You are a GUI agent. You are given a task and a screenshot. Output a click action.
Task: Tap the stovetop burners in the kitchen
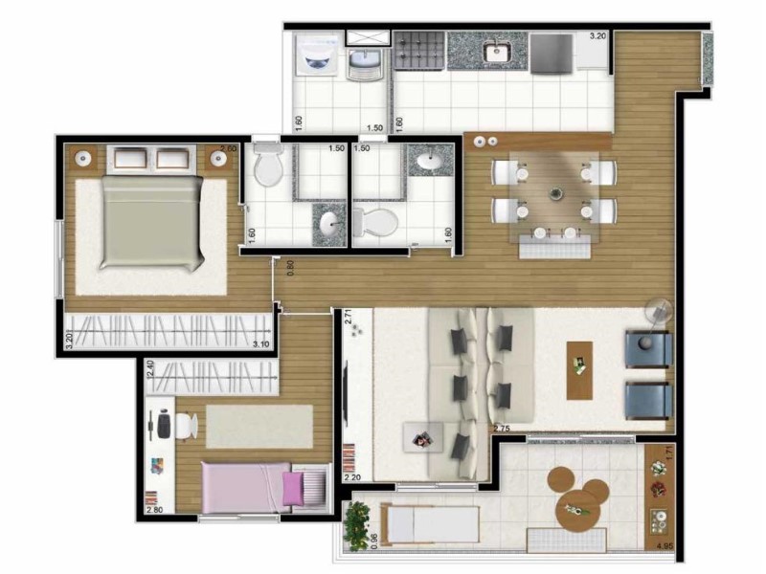click(418, 50)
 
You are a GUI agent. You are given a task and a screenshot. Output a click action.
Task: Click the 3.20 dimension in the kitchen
click(597, 36)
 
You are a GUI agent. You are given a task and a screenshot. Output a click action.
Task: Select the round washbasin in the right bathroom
click(429, 161)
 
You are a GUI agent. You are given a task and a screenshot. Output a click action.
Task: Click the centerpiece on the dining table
click(554, 194)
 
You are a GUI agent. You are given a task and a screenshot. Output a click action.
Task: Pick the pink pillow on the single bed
click(291, 490)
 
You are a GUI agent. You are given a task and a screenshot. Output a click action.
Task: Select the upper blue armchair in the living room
click(648, 348)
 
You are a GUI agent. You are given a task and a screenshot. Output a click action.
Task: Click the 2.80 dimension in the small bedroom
click(153, 511)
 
